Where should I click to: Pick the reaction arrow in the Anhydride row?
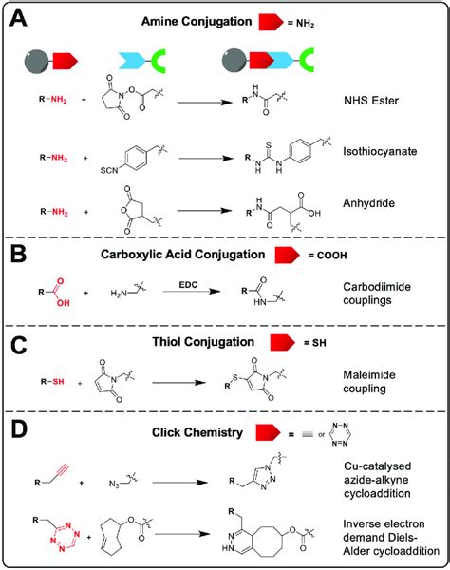coord(199,201)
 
